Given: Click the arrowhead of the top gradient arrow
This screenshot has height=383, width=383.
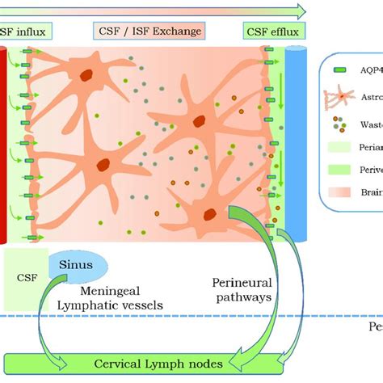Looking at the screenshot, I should coord(301,11).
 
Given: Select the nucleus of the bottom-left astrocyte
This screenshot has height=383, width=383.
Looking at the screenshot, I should coord(103,165).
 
